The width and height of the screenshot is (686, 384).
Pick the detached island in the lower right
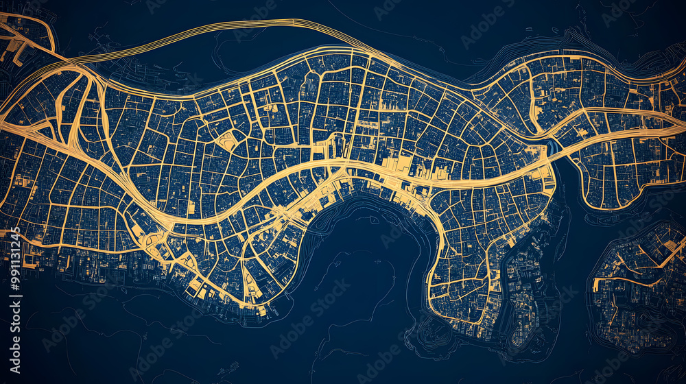638,281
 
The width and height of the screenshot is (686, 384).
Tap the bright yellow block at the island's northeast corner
669,237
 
